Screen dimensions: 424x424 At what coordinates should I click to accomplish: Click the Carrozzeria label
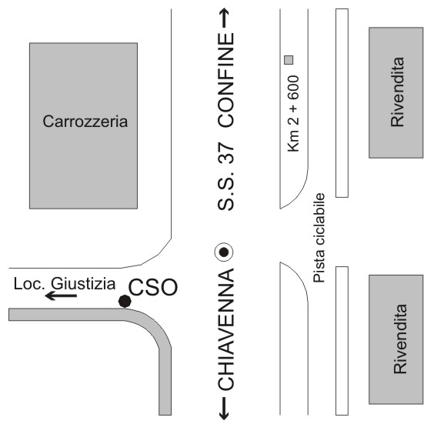[85, 122]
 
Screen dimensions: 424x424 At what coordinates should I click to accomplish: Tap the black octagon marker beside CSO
[125, 301]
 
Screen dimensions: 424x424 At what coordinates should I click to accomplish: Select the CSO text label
[153, 287]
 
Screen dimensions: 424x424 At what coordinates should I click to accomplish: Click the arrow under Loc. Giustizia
[61, 295]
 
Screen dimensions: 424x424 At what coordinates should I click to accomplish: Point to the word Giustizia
[83, 284]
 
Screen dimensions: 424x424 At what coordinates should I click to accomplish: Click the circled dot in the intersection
[224, 252]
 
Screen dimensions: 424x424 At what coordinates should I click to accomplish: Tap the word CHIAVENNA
[225, 329]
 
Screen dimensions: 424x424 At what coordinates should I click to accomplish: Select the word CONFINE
[225, 80]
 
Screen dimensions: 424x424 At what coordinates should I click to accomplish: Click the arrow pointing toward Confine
[224, 18]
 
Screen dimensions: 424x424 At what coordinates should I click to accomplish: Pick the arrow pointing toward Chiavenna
[224, 409]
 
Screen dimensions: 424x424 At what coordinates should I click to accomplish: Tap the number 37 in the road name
[225, 153]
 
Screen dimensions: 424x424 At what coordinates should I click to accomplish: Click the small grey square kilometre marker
[289, 60]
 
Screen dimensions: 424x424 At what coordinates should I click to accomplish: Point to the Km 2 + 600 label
[294, 114]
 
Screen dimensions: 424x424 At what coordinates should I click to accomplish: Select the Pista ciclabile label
[319, 238]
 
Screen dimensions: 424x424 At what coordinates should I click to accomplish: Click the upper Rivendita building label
[397, 92]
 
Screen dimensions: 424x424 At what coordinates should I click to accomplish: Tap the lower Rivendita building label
[400, 339]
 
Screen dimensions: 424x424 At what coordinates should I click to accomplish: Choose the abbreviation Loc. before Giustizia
[29, 284]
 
